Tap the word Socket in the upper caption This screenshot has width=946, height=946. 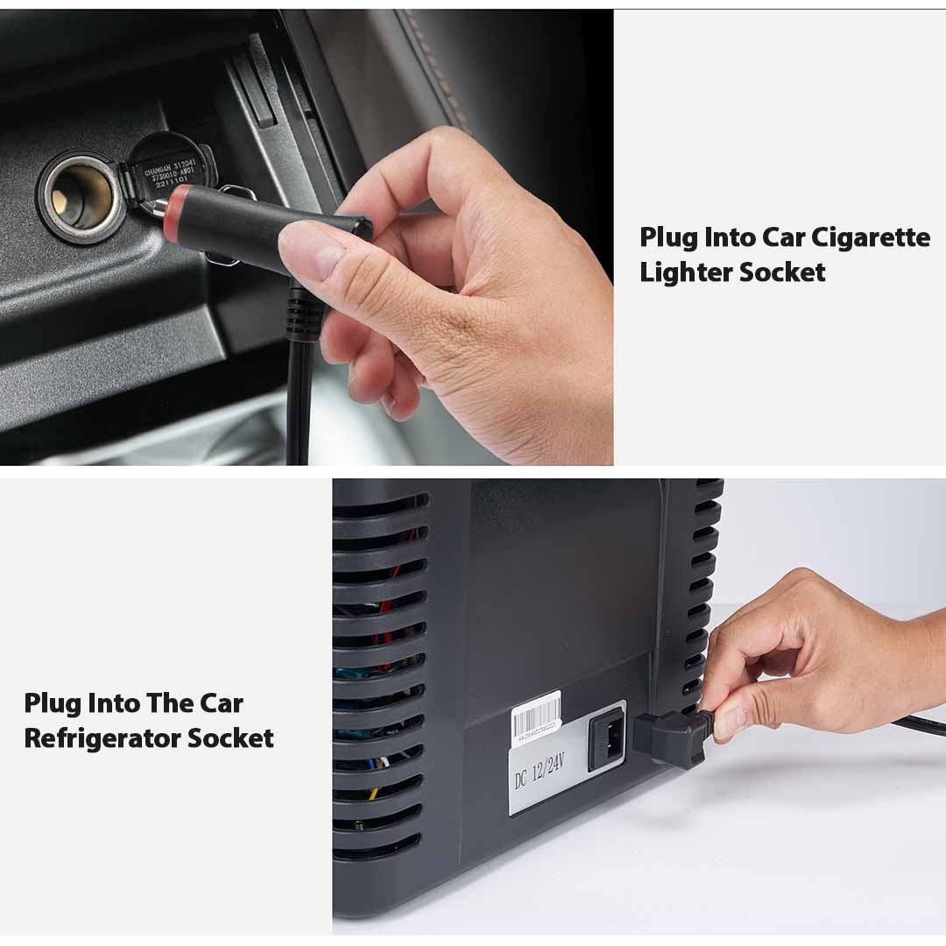pos(782,272)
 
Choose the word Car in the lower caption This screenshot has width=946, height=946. pos(221,703)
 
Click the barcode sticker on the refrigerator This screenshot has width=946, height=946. pos(536,717)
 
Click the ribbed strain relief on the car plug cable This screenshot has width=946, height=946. pos(303,315)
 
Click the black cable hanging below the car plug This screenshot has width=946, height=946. pos(299,403)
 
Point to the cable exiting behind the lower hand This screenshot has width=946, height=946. pos(920,724)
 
